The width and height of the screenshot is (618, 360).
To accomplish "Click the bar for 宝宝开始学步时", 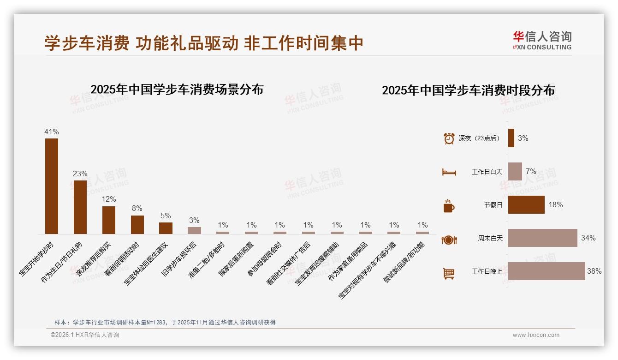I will pyautogui.click(x=52, y=186).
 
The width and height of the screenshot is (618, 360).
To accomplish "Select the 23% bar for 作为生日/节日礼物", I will pyautogui.click(x=80, y=207).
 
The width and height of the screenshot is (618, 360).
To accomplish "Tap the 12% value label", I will pyautogui.click(x=109, y=199).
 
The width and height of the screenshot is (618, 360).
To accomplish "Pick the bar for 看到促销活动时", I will pyautogui.click(x=137, y=225).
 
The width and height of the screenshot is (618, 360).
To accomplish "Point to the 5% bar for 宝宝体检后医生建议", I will pyautogui.click(x=166, y=228).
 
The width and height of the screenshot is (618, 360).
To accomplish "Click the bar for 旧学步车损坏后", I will pyautogui.click(x=194, y=230).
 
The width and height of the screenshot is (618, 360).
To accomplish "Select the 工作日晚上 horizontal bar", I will pyautogui.click(x=547, y=271).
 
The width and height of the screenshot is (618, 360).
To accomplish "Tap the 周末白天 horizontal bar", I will pyautogui.click(x=542, y=238).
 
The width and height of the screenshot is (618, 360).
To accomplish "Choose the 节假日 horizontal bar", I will pyautogui.click(x=526, y=205).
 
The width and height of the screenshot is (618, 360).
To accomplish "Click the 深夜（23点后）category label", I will pyautogui.click(x=480, y=138).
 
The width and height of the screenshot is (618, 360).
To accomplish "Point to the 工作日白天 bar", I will pyautogui.click(x=515, y=172).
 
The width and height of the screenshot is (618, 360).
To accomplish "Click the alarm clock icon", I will pyautogui.click(x=449, y=138).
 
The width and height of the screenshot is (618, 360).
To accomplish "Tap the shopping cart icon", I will pyautogui.click(x=449, y=273).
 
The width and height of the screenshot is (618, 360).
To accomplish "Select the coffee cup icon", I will pyautogui.click(x=449, y=206).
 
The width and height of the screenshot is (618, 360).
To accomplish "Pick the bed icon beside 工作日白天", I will pyautogui.click(x=449, y=172).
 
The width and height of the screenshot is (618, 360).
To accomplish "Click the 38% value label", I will pyautogui.click(x=594, y=271).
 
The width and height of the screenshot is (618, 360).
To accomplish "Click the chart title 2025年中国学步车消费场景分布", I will pyautogui.click(x=177, y=90).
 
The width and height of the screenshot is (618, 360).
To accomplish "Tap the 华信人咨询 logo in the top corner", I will pyautogui.click(x=542, y=40).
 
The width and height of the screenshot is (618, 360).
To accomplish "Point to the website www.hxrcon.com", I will pyautogui.click(x=536, y=335).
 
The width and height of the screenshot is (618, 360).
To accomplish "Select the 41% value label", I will pyautogui.click(x=52, y=132).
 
